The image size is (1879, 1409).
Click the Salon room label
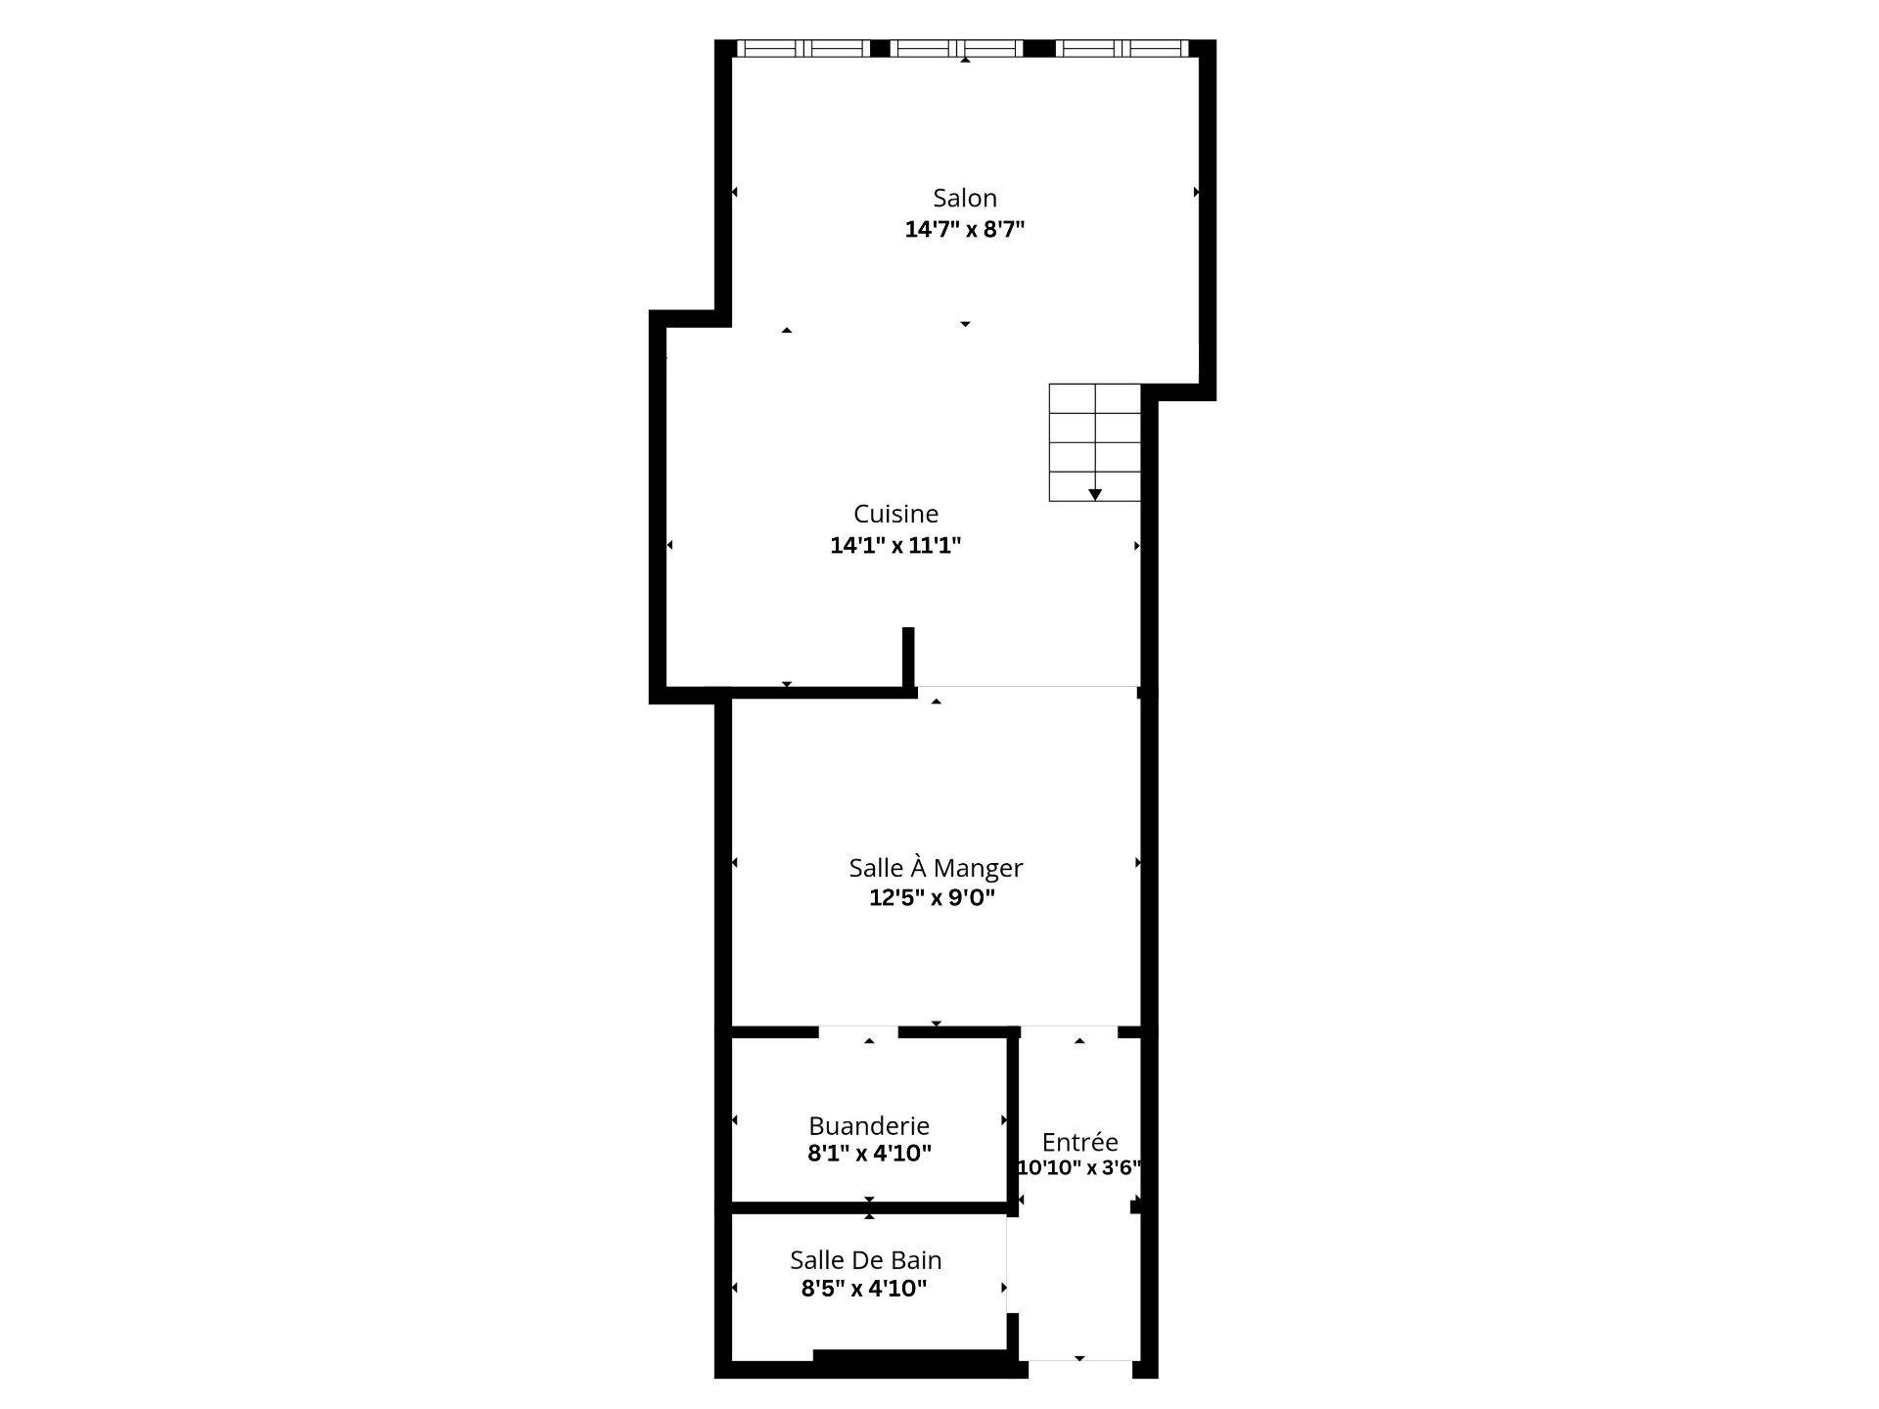(x=965, y=198)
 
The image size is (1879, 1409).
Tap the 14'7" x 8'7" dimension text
(x=965, y=230)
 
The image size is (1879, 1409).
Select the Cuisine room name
(x=895, y=514)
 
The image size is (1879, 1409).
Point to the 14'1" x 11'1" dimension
(x=895, y=546)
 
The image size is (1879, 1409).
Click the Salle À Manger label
(x=936, y=867)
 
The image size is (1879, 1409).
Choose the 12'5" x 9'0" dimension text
(x=932, y=898)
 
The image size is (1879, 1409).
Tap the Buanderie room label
(x=869, y=1126)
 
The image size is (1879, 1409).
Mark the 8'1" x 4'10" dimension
(x=869, y=1154)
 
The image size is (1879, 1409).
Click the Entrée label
(x=1079, y=1142)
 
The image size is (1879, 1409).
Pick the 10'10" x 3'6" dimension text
(x=1079, y=1167)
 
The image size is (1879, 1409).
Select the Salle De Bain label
(x=866, y=1260)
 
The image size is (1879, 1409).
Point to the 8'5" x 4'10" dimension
(x=864, y=1289)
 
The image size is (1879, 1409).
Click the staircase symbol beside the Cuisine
(x=1095, y=442)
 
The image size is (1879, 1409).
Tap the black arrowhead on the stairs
(x=1095, y=494)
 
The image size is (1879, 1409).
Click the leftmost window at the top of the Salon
(x=802, y=48)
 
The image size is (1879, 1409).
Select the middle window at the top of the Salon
(x=957, y=48)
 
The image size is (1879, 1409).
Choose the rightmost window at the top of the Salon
(x=1123, y=48)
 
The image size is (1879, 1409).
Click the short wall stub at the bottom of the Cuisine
(x=908, y=657)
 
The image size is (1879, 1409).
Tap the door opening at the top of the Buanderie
(x=858, y=1031)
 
